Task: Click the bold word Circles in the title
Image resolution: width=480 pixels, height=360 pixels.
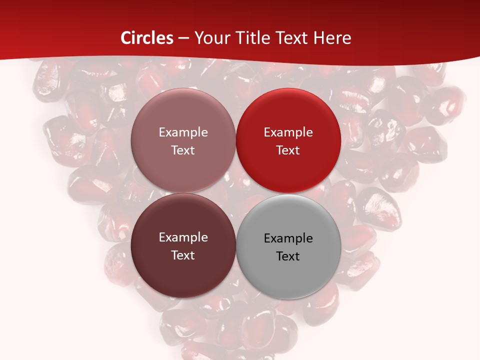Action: [x=147, y=38]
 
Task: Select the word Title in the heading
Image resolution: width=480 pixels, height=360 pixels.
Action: [x=251, y=38]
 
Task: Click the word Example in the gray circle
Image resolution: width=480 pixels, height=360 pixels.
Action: [x=288, y=238]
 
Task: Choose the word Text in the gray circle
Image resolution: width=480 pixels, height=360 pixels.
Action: [x=288, y=256]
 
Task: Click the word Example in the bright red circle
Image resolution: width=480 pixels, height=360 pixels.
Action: [x=288, y=132]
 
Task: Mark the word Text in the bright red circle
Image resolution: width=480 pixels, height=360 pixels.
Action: [x=288, y=150]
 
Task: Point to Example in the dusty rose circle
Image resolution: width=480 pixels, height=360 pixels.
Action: [x=183, y=132]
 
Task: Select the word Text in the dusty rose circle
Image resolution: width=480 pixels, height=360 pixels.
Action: [x=183, y=150]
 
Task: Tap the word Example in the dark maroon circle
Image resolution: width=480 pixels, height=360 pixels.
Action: [x=183, y=237]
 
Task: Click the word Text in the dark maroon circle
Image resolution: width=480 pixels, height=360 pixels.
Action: [x=183, y=255]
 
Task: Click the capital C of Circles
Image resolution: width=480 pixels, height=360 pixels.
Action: [x=126, y=38]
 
